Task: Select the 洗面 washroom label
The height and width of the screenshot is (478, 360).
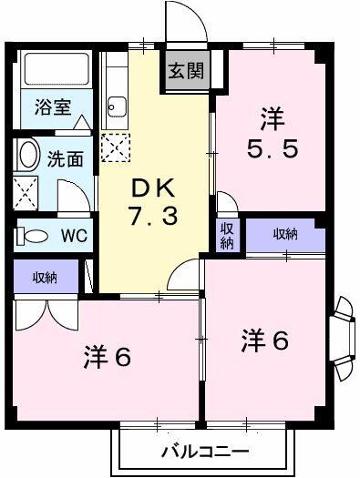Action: click(65, 158)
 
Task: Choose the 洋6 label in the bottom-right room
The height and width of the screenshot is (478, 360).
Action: click(264, 341)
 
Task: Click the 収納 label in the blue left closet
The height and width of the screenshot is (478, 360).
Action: click(46, 275)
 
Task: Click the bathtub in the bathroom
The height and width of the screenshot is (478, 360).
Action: click(52, 70)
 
